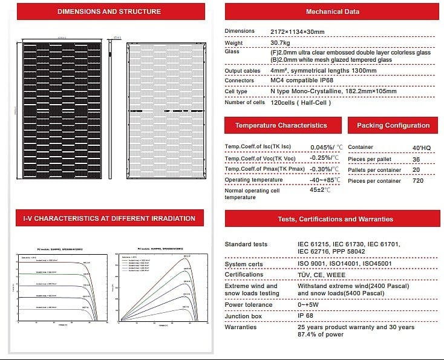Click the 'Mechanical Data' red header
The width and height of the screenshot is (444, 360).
tap(332, 11)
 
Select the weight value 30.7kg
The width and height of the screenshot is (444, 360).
tap(281, 43)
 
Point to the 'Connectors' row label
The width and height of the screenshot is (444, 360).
tap(239, 80)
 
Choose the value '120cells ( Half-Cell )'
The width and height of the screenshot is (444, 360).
tap(300, 103)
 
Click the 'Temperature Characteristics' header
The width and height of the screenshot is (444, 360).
tap(281, 125)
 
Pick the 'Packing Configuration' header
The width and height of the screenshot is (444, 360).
tap(393, 125)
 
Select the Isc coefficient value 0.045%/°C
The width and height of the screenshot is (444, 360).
tap(326, 147)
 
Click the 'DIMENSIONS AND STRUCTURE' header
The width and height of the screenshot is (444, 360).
tap(109, 11)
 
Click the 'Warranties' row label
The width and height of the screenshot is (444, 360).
tap(241, 327)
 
